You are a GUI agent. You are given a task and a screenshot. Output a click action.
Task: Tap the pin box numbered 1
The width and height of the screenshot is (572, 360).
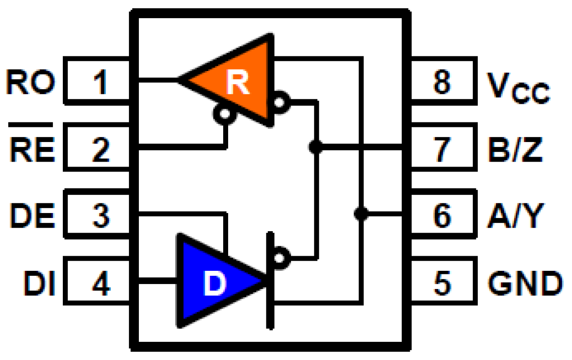[98, 81]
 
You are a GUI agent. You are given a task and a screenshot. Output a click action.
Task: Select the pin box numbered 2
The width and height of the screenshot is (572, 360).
[98, 147]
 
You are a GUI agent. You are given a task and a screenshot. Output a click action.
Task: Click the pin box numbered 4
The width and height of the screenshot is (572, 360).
[98, 281]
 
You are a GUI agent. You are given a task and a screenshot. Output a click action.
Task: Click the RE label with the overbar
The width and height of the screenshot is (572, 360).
[31, 147]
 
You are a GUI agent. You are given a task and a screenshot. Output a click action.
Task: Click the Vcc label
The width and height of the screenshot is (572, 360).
[517, 86]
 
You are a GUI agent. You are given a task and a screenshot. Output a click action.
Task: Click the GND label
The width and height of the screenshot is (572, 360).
[524, 282]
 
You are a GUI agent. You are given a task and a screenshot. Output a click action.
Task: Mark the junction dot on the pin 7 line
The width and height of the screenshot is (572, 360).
[315, 147]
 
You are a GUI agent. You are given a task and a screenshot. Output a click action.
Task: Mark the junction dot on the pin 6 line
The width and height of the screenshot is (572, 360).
[361, 213]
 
